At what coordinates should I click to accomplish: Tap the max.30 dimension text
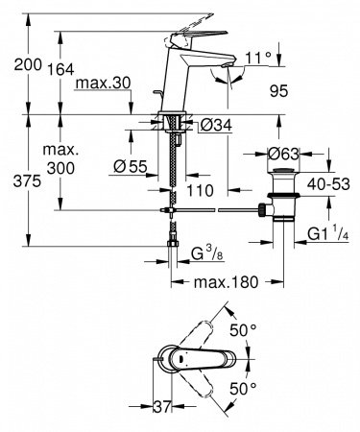[104, 84]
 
